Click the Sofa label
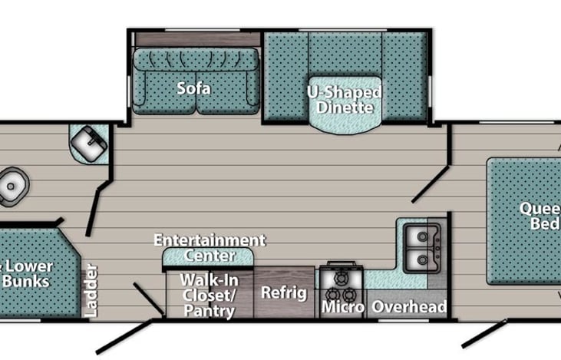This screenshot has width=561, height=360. [194, 88]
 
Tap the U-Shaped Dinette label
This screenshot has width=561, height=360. [344, 99]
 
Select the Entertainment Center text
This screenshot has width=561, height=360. [210, 247]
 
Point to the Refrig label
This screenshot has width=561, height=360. [284, 292]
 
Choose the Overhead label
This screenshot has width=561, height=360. [408, 308]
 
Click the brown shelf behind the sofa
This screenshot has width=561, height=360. [196, 39]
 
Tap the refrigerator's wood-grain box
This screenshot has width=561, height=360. [284, 292]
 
